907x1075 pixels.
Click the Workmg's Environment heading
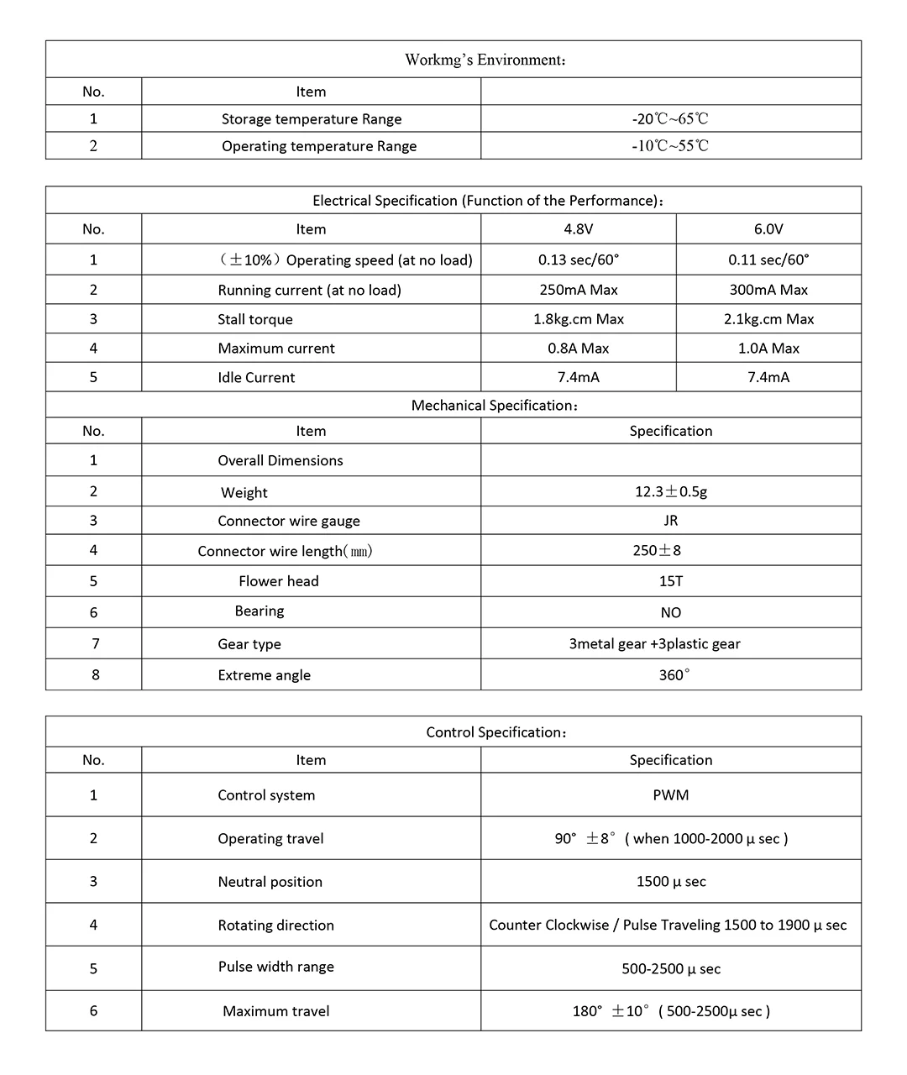coord(485,60)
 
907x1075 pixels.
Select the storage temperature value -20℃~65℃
coord(670,119)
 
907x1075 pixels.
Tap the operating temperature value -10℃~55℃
coord(670,146)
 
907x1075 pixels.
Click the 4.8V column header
coord(579,229)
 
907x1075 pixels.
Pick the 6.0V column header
coord(768,229)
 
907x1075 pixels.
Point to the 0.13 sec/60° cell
coord(579,260)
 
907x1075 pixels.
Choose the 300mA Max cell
coord(768,290)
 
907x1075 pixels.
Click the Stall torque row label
coord(255,319)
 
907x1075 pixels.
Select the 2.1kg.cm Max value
coord(768,319)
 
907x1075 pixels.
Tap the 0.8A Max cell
coord(579,349)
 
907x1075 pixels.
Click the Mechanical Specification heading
coord(495,406)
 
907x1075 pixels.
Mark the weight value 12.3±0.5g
coord(670,491)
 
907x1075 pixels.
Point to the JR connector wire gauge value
coord(670,521)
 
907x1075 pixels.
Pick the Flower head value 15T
coord(670,581)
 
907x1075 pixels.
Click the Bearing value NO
coord(670,613)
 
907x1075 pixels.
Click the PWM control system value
coord(670,795)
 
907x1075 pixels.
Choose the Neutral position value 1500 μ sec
coord(670,882)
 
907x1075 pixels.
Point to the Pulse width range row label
coord(276,967)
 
